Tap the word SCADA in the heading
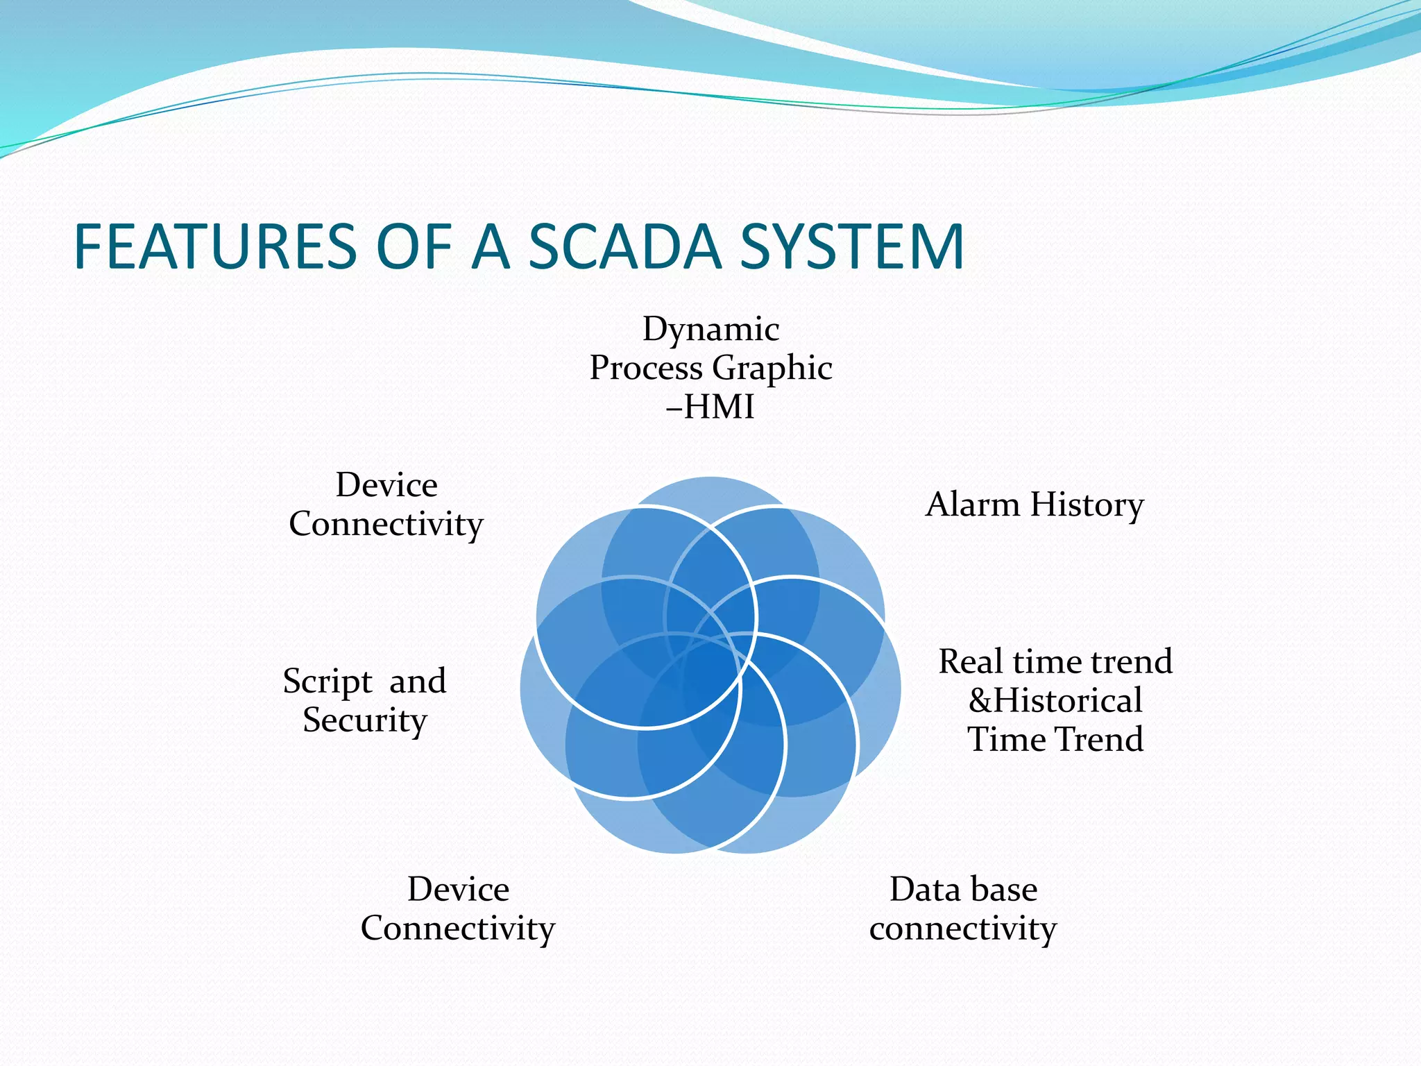coord(624,247)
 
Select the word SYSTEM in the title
coord(851,247)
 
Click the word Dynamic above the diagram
coord(710,329)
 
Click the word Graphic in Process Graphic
coord(772,369)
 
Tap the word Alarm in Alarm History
coord(973,505)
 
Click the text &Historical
coord(1055,700)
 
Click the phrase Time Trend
coord(1055,739)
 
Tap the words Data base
coord(963,890)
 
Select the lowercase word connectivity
coord(963,929)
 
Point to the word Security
coord(364,720)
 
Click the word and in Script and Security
coord(417,682)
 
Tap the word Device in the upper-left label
coord(386,485)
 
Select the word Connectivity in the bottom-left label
coord(458,929)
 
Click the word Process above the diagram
coord(645,369)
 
